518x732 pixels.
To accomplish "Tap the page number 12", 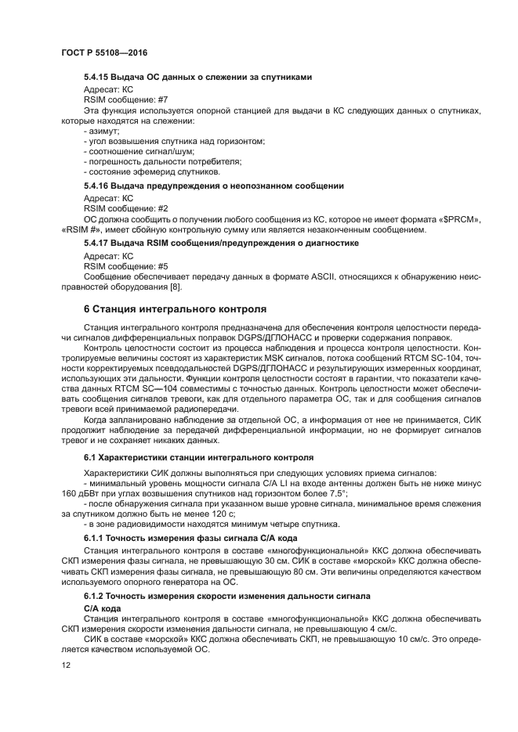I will (x=65, y=665).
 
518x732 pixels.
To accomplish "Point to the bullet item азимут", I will (x=98, y=132).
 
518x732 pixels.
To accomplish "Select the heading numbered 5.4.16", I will (x=214, y=186).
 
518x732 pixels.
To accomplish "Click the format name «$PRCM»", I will (x=460, y=220).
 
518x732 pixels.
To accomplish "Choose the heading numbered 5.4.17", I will (x=221, y=243).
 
